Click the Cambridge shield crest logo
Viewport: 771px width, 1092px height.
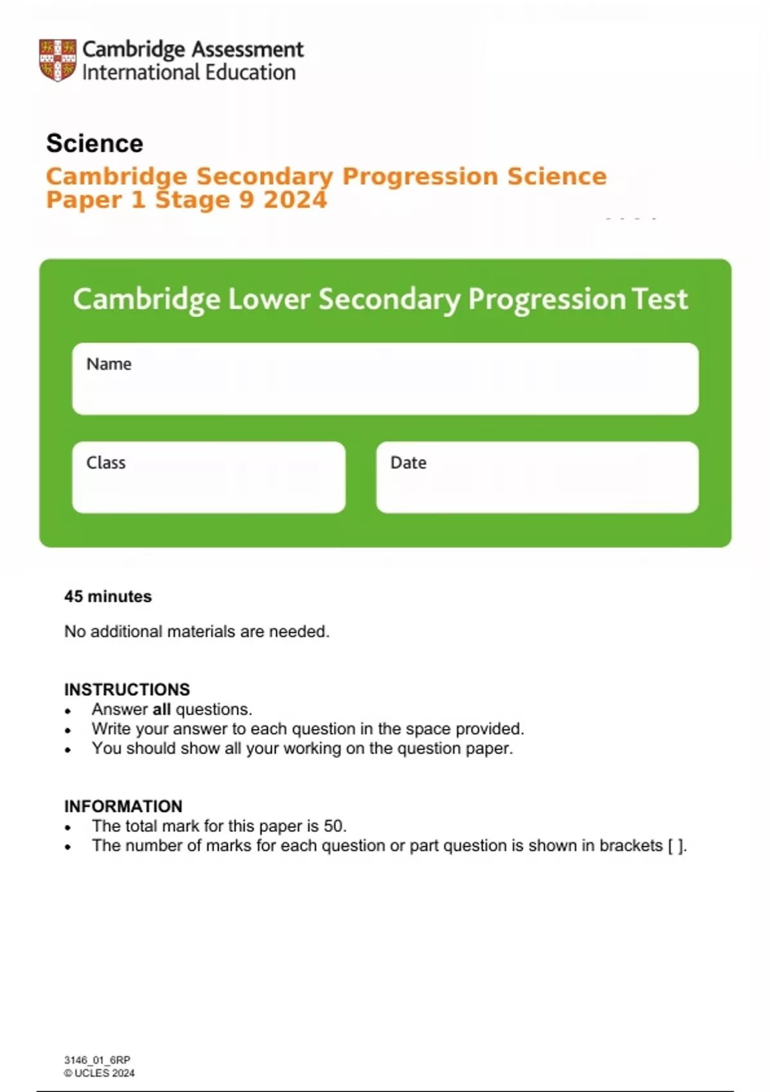[58, 60]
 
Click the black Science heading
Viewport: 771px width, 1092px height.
[94, 143]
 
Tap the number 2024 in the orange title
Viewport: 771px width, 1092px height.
[295, 200]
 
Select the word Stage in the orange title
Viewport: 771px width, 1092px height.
[192, 200]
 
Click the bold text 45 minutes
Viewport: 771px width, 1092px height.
[108, 596]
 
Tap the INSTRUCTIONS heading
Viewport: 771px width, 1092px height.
[127, 689]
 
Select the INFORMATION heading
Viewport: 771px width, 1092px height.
[123, 806]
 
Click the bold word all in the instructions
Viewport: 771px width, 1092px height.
[161, 709]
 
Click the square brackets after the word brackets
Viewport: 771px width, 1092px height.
[676, 845]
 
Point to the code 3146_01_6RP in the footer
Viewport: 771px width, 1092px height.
[97, 1060]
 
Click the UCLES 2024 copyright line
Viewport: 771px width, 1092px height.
[100, 1073]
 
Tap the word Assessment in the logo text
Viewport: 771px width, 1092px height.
[247, 49]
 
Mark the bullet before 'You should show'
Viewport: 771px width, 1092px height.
[68, 750]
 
